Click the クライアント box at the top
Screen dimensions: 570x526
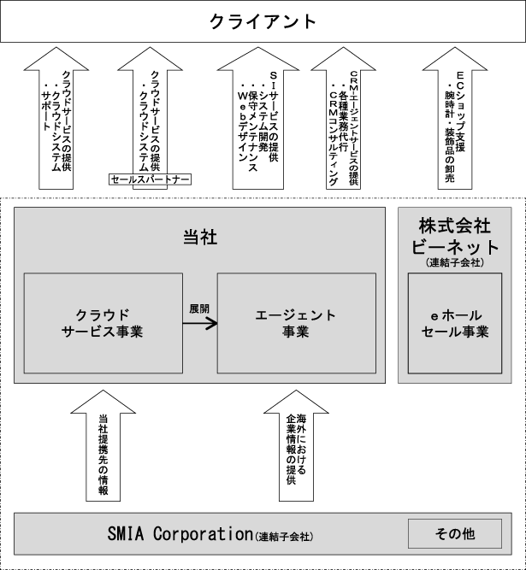263,21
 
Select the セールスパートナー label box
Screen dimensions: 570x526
150,179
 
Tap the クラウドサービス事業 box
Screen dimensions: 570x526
102,323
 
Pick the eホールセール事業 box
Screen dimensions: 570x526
454,323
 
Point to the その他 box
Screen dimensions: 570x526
454,534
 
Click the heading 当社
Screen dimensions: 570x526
200,237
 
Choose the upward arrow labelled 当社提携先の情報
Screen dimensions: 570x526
103,449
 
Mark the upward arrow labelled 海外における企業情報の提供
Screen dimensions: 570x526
296,449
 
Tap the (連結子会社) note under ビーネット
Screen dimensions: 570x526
454,263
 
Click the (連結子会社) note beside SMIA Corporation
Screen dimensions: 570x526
285,537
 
